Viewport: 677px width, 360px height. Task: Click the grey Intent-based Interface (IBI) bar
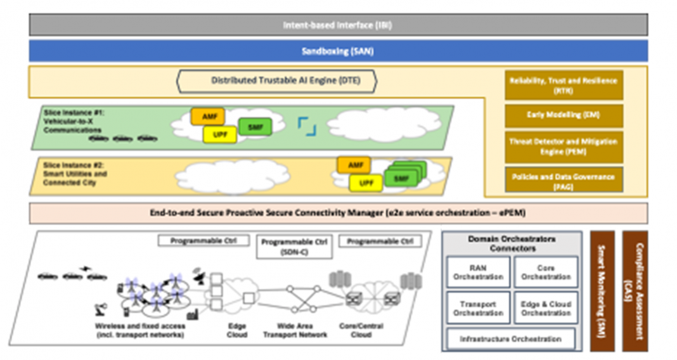click(338, 25)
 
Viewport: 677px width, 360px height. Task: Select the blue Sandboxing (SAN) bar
click(338, 51)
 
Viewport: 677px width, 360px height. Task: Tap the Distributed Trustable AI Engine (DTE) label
click(276, 81)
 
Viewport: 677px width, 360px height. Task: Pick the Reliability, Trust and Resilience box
click(564, 85)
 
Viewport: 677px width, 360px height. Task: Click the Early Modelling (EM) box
click(564, 115)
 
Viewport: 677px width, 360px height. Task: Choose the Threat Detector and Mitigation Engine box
click(564, 146)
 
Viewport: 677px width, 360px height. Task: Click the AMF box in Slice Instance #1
click(209, 117)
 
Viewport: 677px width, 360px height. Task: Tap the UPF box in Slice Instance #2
click(366, 183)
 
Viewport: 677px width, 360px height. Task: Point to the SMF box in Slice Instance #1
click(255, 127)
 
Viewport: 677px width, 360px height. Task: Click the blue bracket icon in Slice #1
click(307, 125)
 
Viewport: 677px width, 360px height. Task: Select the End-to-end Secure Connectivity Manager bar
click(338, 213)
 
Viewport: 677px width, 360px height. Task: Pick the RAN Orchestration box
click(478, 272)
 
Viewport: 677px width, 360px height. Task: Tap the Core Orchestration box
click(546, 272)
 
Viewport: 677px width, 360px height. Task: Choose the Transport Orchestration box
click(478, 308)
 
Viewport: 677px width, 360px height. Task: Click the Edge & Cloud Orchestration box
click(546, 308)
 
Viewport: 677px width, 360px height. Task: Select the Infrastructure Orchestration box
click(511, 339)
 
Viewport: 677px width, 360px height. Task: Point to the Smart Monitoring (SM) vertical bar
click(602, 290)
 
